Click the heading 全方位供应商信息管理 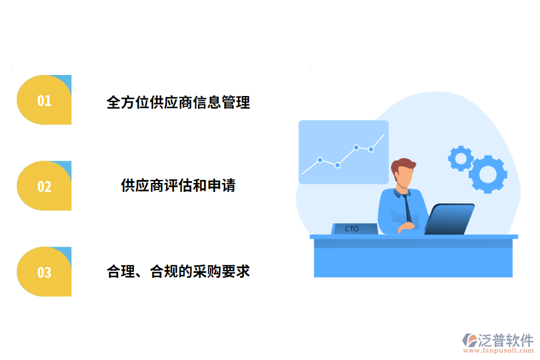click(x=178, y=103)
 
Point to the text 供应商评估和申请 click(x=178, y=185)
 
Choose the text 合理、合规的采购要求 click(x=178, y=271)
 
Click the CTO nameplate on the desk click(x=355, y=229)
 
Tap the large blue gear click(x=488, y=173)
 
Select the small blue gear click(x=461, y=158)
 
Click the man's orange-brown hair click(x=403, y=164)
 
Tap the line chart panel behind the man click(x=343, y=152)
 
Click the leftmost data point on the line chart click(x=320, y=160)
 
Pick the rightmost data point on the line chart click(x=371, y=149)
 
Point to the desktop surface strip click(x=413, y=236)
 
